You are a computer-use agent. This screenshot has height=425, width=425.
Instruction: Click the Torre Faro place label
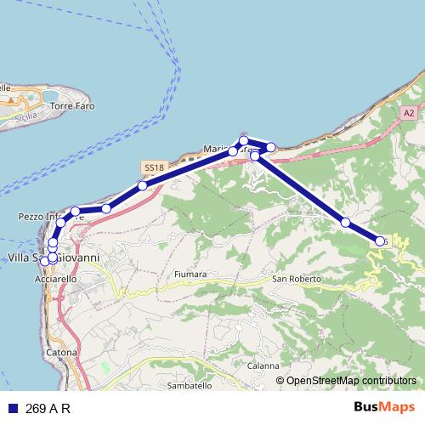click(72, 106)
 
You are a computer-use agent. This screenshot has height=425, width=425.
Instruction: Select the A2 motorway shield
click(409, 113)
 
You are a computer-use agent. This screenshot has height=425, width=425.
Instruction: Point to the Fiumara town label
click(190, 275)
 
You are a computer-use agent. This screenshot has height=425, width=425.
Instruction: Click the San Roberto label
click(297, 278)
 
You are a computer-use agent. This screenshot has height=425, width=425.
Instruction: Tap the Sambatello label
click(190, 385)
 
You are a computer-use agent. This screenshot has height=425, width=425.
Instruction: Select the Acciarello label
click(55, 278)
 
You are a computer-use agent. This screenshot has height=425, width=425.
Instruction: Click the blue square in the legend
click(12, 408)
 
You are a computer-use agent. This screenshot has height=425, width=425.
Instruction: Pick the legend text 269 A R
click(48, 408)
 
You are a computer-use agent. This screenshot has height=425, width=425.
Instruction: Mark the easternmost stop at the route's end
click(380, 241)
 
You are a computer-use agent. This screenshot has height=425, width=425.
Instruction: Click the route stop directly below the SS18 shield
click(142, 185)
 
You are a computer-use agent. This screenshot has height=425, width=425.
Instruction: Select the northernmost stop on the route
click(244, 140)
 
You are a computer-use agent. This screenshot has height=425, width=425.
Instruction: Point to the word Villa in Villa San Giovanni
click(20, 258)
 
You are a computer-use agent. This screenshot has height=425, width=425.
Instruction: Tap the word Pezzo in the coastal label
click(31, 218)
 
